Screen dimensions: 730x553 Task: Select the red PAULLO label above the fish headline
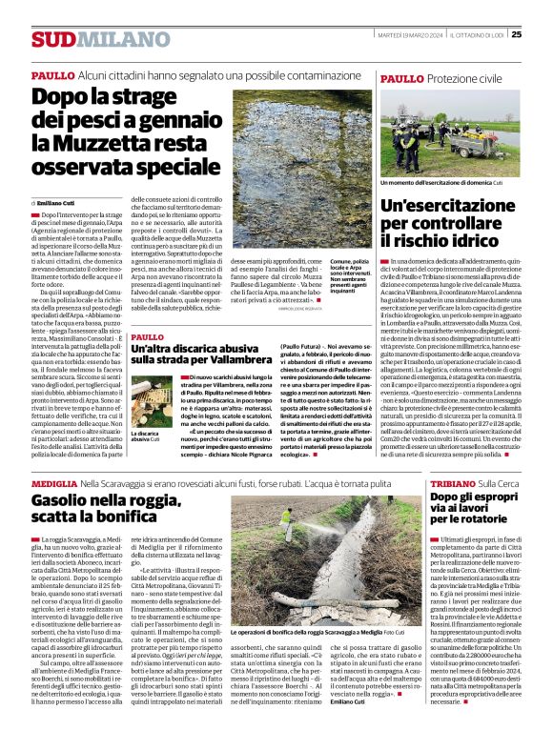tap(52, 74)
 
